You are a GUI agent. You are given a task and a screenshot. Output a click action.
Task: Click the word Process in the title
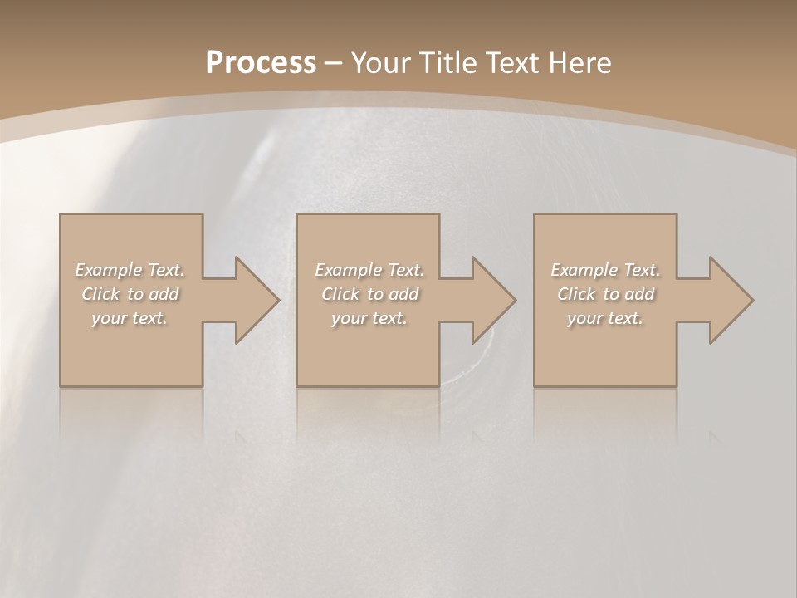click(x=261, y=63)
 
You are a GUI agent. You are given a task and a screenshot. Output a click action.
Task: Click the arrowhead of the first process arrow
click(x=253, y=300)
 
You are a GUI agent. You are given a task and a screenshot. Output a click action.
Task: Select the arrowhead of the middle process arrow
click(x=490, y=300)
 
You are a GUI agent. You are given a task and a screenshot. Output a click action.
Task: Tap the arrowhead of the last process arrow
click(x=727, y=300)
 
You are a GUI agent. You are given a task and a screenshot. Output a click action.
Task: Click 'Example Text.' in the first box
click(x=130, y=270)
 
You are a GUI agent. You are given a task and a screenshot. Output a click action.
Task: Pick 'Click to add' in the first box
click(x=130, y=294)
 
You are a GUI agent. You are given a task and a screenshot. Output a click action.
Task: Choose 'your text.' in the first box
click(x=130, y=318)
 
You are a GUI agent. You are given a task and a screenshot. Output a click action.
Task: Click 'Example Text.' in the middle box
click(x=369, y=270)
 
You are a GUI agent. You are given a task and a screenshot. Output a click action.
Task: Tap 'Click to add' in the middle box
click(x=369, y=294)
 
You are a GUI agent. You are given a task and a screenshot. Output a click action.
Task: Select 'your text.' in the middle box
click(x=369, y=318)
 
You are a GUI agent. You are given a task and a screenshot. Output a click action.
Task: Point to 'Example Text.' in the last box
click(x=605, y=270)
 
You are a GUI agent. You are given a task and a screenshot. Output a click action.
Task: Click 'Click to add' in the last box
click(x=605, y=294)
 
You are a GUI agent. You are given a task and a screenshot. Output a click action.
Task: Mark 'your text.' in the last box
click(x=605, y=318)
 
